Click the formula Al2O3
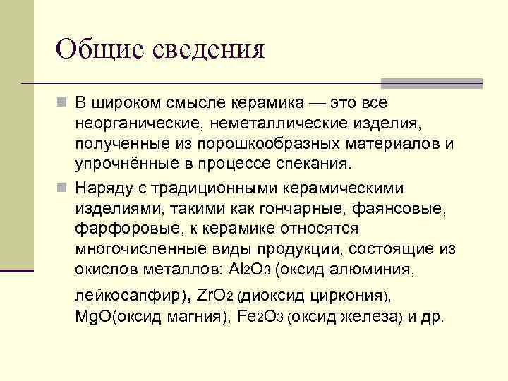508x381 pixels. (x=250, y=269)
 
